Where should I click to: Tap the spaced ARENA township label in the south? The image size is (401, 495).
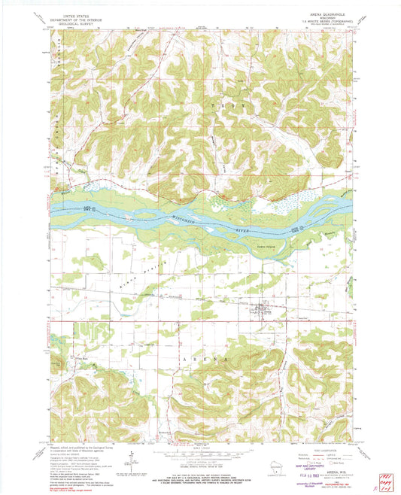click(x=200, y=360)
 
